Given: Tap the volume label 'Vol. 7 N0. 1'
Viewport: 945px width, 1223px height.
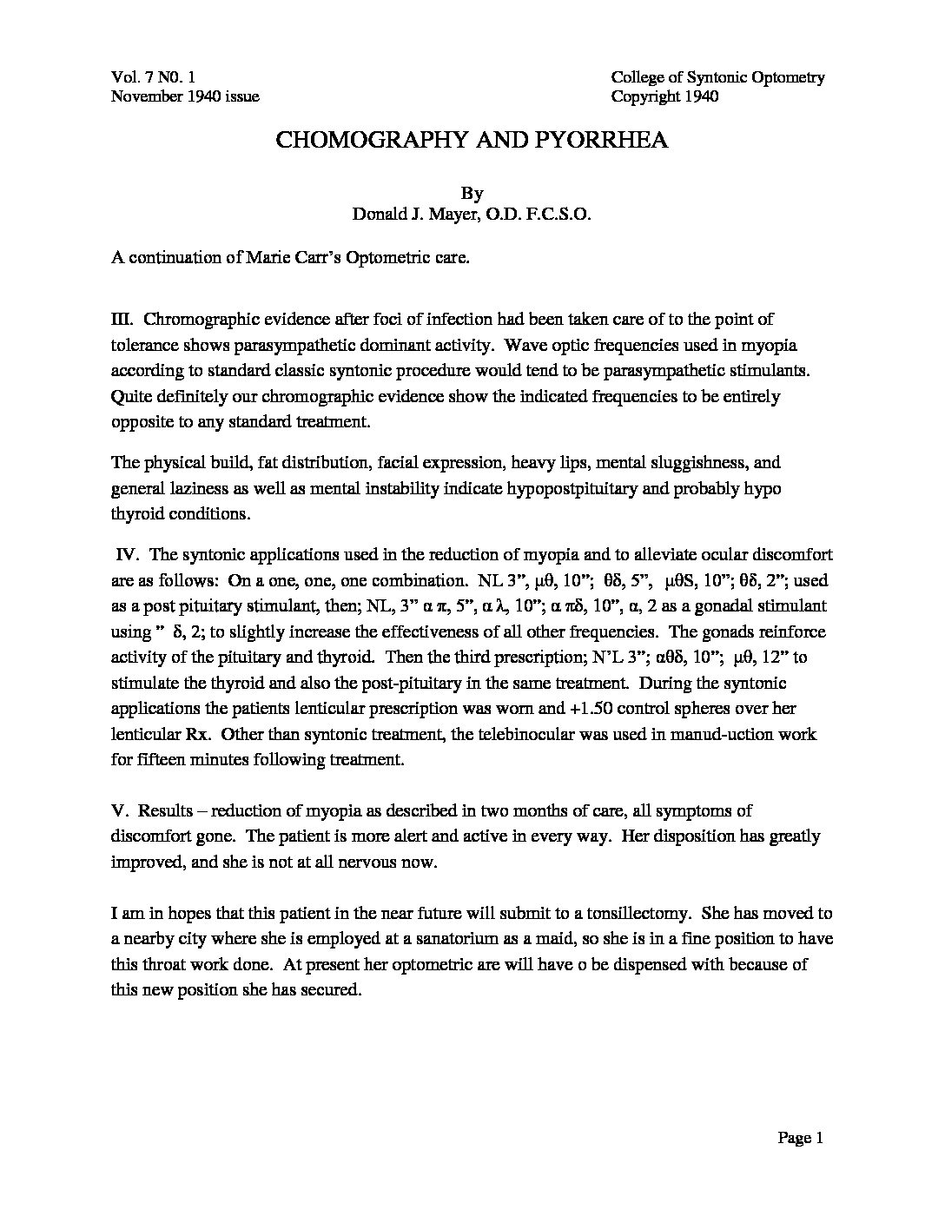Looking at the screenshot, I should coord(159,77).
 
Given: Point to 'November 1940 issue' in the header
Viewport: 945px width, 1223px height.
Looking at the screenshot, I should coord(185,96).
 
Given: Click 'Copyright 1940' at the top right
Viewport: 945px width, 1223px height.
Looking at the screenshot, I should coord(664,96).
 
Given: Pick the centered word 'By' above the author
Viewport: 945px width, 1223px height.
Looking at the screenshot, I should coord(472,194).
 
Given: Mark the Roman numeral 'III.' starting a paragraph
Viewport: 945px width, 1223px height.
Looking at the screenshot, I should coord(123,321).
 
